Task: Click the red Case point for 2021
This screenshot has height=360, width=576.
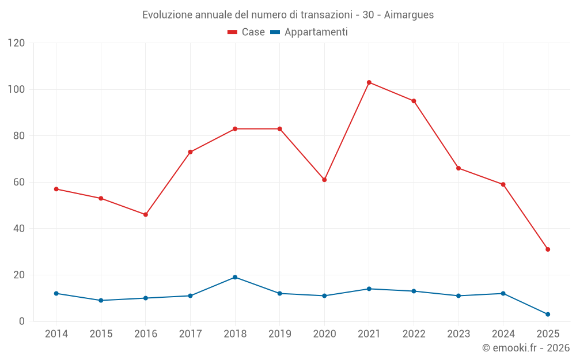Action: click(x=369, y=82)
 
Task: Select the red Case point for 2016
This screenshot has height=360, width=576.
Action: click(x=146, y=214)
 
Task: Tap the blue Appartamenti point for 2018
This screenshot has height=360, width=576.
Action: click(x=235, y=277)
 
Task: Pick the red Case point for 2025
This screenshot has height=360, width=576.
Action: click(x=548, y=249)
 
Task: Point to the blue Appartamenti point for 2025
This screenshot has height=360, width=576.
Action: click(x=548, y=314)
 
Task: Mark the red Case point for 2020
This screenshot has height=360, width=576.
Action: click(x=324, y=180)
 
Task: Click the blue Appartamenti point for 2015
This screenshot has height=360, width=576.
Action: click(x=101, y=300)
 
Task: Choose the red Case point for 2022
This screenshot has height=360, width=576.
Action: click(x=414, y=101)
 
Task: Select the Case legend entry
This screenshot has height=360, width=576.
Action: click(x=247, y=32)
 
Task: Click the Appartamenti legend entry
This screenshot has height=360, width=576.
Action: click(x=309, y=32)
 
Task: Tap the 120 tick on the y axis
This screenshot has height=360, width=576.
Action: click(x=17, y=43)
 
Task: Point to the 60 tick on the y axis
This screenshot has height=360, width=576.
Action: click(x=19, y=182)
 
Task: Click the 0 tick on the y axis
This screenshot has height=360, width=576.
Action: click(x=22, y=321)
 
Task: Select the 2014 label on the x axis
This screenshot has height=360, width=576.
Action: click(x=56, y=334)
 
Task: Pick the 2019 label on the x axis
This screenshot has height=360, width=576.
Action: click(x=279, y=334)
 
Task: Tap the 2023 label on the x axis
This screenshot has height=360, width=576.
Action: click(x=458, y=334)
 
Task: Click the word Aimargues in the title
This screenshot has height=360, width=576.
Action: click(x=408, y=14)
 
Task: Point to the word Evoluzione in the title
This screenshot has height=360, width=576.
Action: click(x=168, y=14)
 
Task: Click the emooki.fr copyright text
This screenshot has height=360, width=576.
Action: click(x=526, y=348)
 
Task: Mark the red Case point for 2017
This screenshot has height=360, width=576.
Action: click(x=190, y=152)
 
